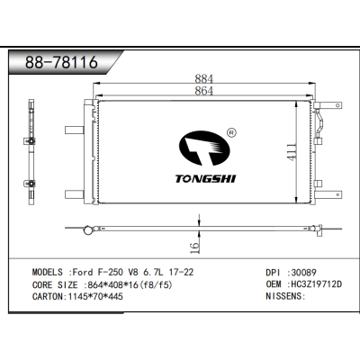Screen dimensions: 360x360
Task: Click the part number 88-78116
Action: [61, 64]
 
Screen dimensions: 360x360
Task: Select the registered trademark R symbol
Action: [232, 131]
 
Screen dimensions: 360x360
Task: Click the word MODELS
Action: [50, 271]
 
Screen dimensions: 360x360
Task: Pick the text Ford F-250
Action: [94, 271]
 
